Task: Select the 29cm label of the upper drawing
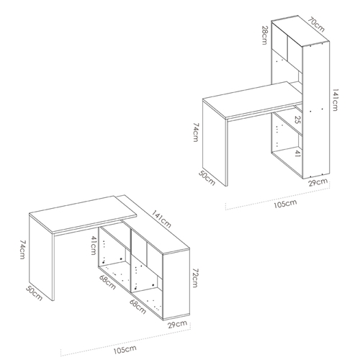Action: (x=318, y=182)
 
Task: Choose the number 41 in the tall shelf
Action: (x=297, y=153)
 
